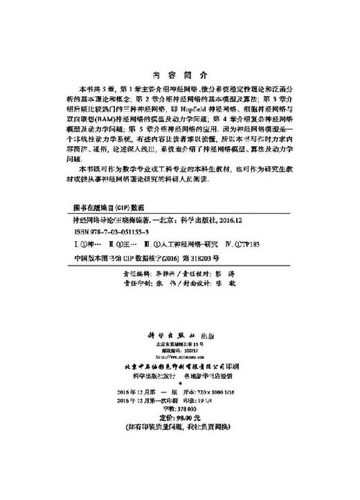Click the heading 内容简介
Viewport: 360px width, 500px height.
point(179,75)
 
